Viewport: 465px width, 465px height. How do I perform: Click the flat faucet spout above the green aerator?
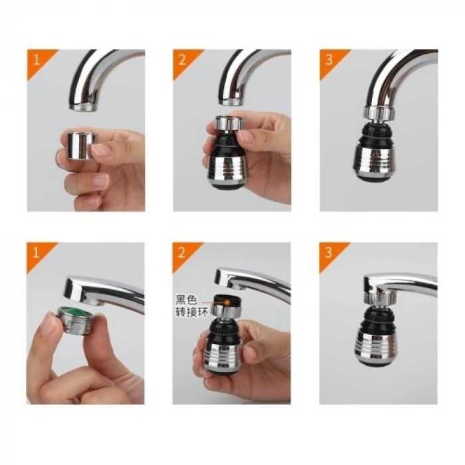point(100,289)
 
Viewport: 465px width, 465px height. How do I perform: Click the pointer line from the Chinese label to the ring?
point(212,300)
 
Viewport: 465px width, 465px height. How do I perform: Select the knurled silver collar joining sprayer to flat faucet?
point(377,300)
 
